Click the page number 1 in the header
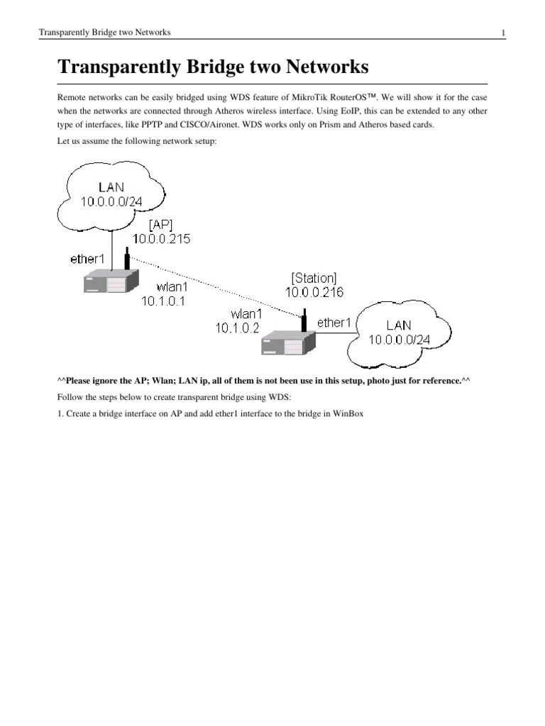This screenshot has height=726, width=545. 502,33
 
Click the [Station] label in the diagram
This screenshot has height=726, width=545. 314,277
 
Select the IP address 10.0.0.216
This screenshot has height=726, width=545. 314,292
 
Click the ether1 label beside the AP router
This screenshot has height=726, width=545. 87,259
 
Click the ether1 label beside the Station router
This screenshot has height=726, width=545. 334,323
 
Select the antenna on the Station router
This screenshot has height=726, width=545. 304,320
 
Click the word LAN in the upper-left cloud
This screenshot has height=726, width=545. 111,187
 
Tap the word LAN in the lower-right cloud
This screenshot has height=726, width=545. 399,325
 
